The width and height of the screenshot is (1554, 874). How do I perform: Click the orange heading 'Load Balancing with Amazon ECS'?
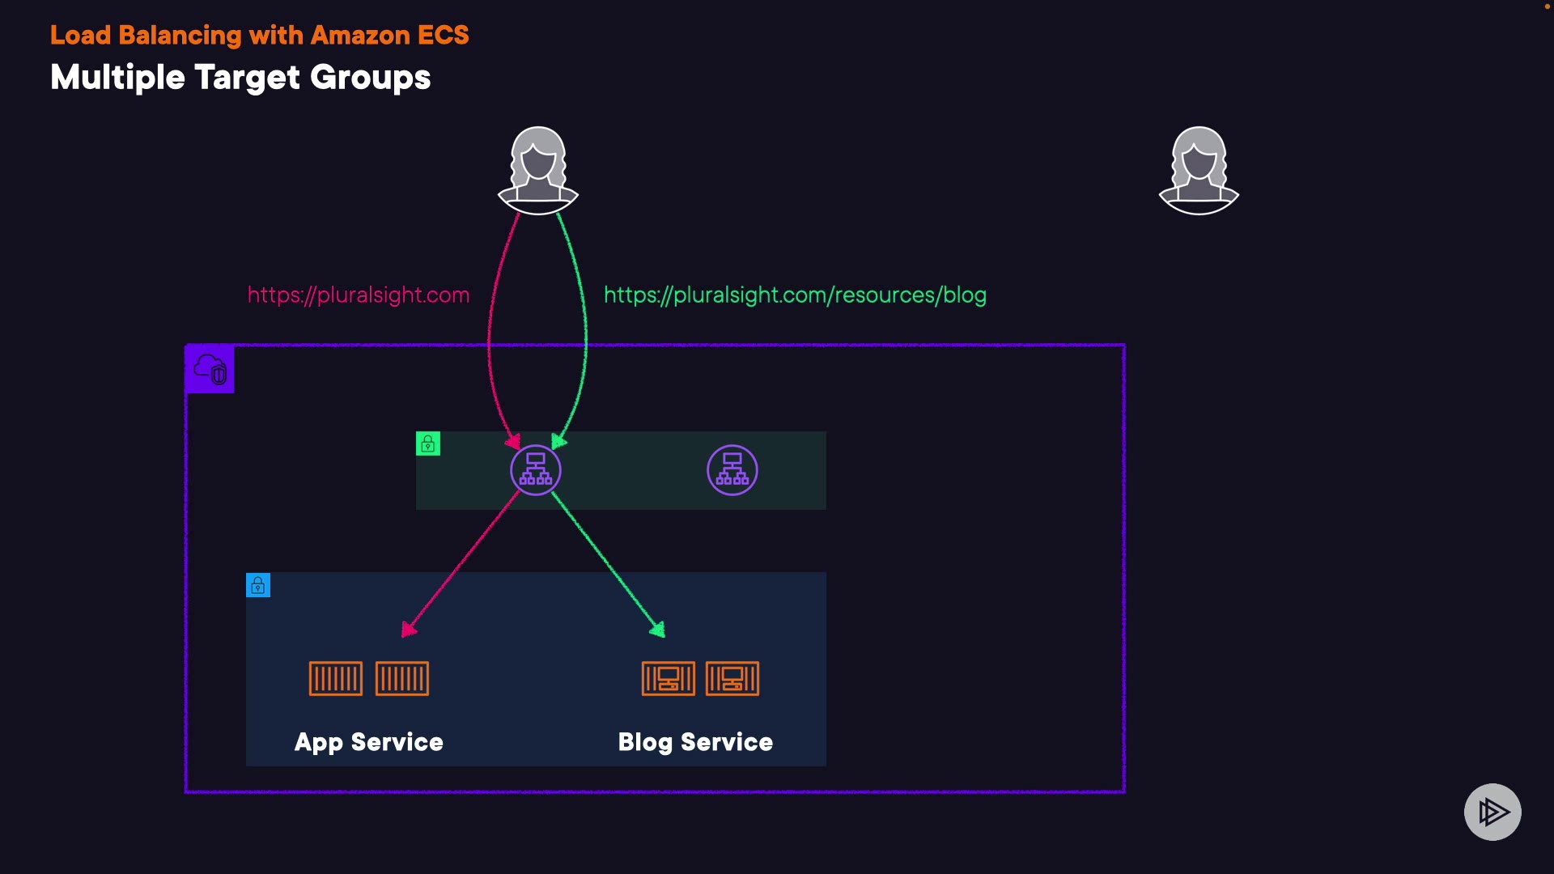(259, 36)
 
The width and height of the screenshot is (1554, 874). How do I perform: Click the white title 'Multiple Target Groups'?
(240, 78)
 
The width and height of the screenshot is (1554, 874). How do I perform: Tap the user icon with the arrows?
(538, 170)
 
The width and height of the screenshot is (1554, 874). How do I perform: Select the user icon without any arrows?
(1199, 170)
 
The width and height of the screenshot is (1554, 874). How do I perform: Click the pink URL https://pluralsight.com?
(359, 295)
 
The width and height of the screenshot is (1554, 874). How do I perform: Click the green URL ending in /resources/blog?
(795, 295)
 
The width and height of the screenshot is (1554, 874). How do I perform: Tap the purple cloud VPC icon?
(210, 369)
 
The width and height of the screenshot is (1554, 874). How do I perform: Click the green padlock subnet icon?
(428, 443)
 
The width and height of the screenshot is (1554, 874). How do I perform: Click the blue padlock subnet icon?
(258, 585)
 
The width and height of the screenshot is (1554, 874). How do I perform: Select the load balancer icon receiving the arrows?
(536, 470)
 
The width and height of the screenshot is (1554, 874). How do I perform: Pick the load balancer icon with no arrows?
(732, 470)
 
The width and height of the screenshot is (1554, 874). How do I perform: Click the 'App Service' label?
(369, 743)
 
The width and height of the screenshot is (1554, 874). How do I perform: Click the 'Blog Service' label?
(695, 743)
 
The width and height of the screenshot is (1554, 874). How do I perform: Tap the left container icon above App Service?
(336, 678)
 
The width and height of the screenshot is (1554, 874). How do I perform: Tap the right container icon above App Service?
(402, 678)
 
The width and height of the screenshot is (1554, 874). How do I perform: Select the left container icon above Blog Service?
(669, 678)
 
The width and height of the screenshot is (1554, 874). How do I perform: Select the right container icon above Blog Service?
(732, 678)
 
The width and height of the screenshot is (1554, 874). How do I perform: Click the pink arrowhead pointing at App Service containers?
(409, 629)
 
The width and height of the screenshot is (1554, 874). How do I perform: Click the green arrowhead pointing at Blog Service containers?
(658, 629)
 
